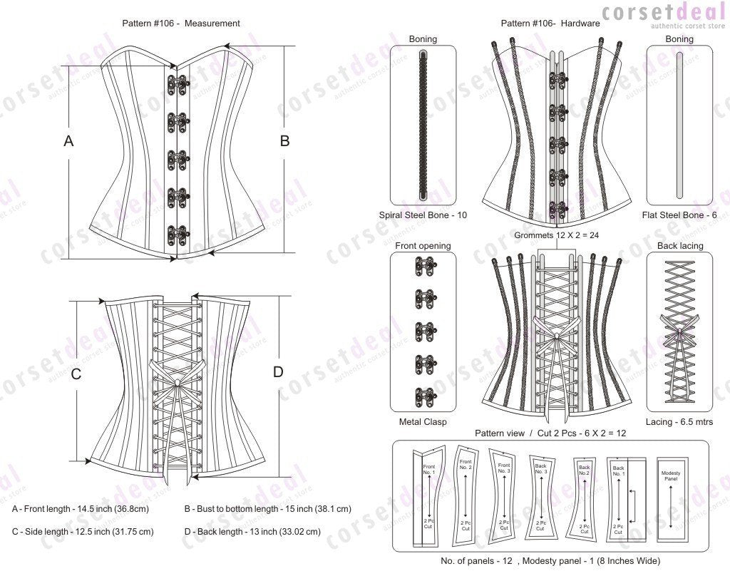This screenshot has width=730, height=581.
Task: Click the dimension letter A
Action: [x=68, y=141]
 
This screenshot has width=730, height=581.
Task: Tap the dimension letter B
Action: [x=284, y=141]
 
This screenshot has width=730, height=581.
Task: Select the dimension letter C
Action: [x=76, y=374]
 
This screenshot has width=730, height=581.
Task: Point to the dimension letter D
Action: [x=278, y=371]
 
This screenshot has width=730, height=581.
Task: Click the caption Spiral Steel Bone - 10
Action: [x=423, y=215]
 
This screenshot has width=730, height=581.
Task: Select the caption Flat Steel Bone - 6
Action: [x=679, y=215]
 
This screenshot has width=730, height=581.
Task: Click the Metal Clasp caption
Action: [x=423, y=421]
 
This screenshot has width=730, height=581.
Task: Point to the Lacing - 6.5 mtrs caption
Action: [x=679, y=421]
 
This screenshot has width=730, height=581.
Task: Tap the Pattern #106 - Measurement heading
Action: [x=181, y=24]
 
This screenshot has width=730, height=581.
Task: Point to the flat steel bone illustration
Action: [x=679, y=125]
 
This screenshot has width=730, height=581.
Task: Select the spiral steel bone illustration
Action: [x=423, y=125]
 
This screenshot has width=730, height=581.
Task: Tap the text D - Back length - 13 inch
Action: [x=252, y=531]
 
